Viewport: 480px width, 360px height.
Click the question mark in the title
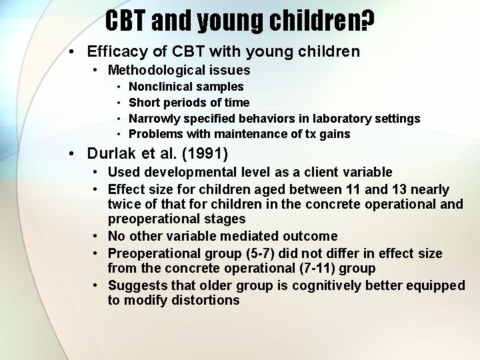point(366,21)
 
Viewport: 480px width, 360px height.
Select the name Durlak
point(111,155)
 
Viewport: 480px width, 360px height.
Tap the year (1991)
point(203,155)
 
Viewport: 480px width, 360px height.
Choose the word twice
point(124,205)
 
